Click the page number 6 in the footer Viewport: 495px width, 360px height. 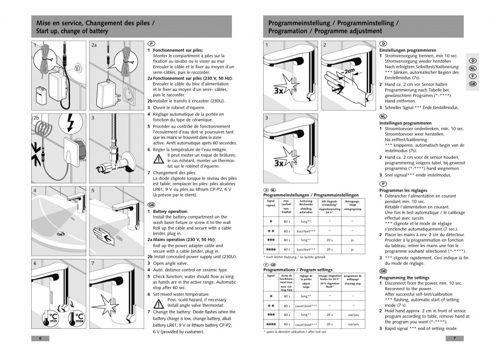coord(40,338)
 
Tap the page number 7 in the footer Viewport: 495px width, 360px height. coord(455,338)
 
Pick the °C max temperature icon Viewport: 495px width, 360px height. coord(80,317)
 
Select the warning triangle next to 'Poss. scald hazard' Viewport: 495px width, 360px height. coord(159,302)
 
